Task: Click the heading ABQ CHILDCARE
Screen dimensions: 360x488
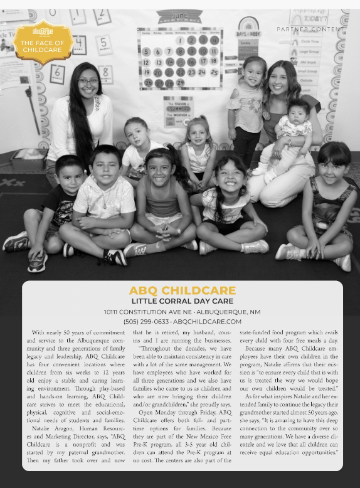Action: [183, 290]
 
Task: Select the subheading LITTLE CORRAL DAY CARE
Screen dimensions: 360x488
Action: [183, 301]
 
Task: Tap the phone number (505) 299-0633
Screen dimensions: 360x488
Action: [146, 321]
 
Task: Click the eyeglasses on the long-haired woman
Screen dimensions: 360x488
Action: [88, 82]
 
